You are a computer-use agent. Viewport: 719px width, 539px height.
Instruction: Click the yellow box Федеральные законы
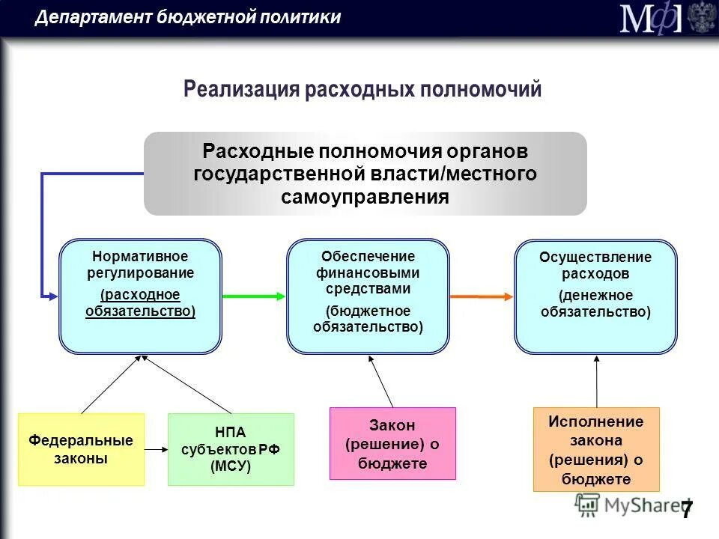[x=81, y=449]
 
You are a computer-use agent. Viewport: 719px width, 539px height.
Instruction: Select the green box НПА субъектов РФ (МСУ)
[x=231, y=449]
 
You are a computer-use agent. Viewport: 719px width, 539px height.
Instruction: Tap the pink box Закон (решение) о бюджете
[x=392, y=443]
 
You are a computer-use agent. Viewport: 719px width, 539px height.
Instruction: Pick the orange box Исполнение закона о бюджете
[x=596, y=449]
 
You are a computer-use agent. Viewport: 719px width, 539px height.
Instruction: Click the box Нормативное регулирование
[x=141, y=296]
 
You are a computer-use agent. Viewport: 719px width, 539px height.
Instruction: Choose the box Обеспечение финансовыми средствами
[x=368, y=296]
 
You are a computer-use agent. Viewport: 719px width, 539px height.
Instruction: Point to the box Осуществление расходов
[x=595, y=296]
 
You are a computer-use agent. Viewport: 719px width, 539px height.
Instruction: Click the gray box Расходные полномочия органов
[x=365, y=174]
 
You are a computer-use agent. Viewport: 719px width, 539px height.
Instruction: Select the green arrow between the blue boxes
[x=254, y=296]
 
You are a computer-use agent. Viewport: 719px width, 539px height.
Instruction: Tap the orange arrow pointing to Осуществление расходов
[x=482, y=296]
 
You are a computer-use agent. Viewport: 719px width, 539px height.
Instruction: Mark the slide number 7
[x=686, y=510]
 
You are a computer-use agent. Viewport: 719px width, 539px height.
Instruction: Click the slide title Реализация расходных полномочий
[x=362, y=90]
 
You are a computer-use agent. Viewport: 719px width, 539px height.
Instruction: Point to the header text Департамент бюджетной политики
[x=187, y=17]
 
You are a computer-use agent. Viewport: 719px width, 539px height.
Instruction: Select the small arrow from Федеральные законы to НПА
[x=156, y=449]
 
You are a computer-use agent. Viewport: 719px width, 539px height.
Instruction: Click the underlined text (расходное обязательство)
[x=141, y=303]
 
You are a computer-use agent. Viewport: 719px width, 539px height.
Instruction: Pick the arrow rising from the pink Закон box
[x=381, y=382]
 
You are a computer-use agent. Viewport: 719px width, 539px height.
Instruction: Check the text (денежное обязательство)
[x=595, y=303]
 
